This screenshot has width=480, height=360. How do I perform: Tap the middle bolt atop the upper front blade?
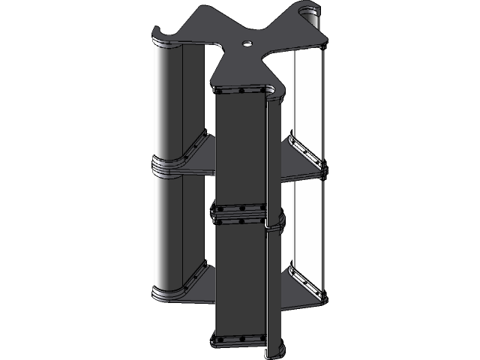241,92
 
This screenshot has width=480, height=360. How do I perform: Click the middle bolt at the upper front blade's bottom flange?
241,208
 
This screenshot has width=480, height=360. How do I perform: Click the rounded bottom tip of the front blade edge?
274,351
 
